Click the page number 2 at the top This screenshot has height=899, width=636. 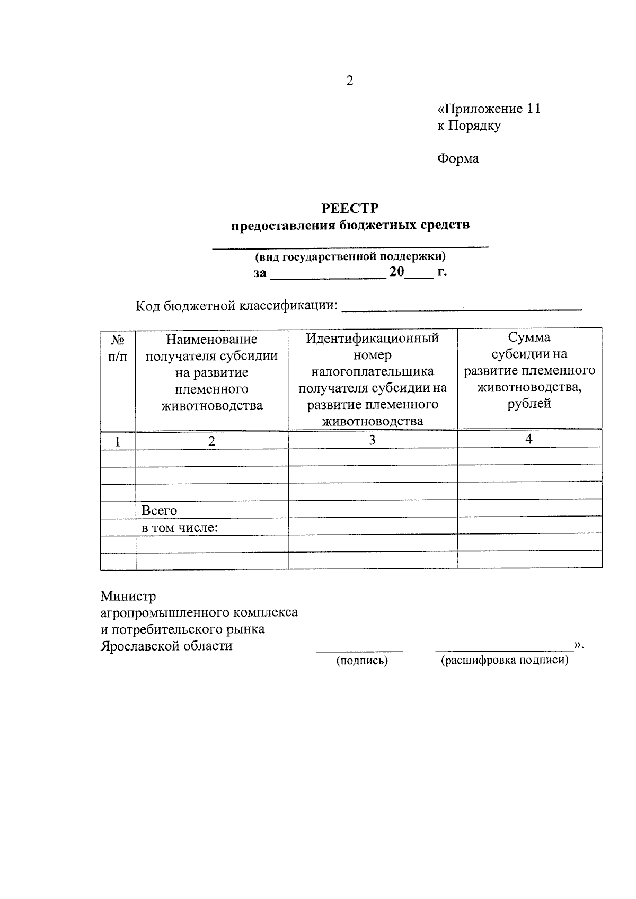pos(349,81)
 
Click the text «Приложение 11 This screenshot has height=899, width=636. pos(489,109)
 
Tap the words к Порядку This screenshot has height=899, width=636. pos(469,126)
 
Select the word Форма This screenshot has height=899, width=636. pos(458,159)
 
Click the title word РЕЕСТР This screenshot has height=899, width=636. pos(350,208)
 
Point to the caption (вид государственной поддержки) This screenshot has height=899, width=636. pos(350,257)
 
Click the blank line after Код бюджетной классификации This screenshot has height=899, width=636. pos(462,307)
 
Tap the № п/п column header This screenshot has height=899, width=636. pos(118,348)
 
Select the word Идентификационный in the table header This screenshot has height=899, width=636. pos(373,339)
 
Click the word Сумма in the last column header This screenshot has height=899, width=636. pos(529,337)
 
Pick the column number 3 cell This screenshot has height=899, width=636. pos(372,440)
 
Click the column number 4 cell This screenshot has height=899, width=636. pos(528,439)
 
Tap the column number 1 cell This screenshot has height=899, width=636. pos(118,441)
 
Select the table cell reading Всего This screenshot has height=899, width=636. pos(159,511)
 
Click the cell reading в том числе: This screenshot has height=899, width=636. pos(180,528)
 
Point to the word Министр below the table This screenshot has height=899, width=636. pos(128,597)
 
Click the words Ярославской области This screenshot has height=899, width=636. pos(166,646)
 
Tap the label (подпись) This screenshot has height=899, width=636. pos(362,661)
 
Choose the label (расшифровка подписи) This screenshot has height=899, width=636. pos(505,661)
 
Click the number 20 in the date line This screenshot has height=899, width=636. pos(396,273)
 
